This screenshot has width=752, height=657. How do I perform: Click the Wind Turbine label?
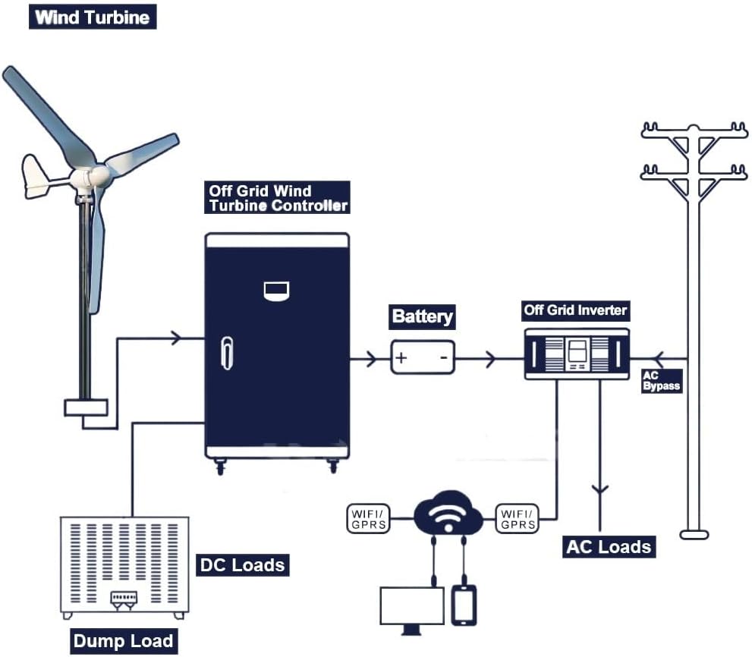click(x=92, y=17)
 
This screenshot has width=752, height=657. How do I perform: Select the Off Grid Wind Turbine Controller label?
click(x=278, y=198)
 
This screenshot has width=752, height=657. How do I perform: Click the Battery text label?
click(x=423, y=316)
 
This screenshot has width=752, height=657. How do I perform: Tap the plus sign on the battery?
click(x=402, y=357)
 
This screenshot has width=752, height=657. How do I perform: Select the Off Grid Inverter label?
click(x=576, y=310)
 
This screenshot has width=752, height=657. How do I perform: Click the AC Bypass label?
click(x=661, y=381)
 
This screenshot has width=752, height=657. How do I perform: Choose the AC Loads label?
click(x=609, y=547)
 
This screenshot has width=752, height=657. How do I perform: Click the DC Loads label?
click(x=242, y=564)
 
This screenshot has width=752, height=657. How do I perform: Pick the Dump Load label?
click(x=123, y=641)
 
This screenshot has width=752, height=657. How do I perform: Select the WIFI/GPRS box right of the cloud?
click(x=518, y=518)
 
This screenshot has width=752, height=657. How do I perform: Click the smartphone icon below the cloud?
click(x=464, y=605)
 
